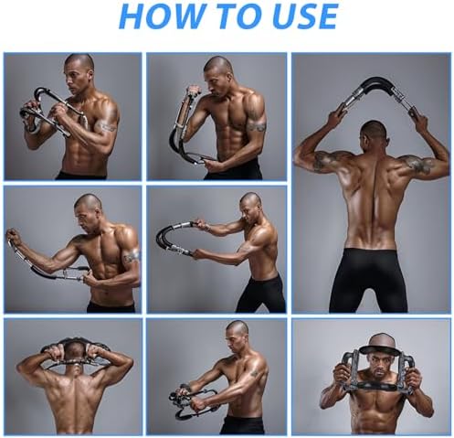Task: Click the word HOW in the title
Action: click(161, 16)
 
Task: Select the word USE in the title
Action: click(305, 16)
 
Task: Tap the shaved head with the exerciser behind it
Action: click(73, 355)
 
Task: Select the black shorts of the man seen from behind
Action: click(368, 281)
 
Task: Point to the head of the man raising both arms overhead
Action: click(373, 134)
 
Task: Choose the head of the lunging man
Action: click(250, 206)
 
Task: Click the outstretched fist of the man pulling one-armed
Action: click(12, 235)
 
